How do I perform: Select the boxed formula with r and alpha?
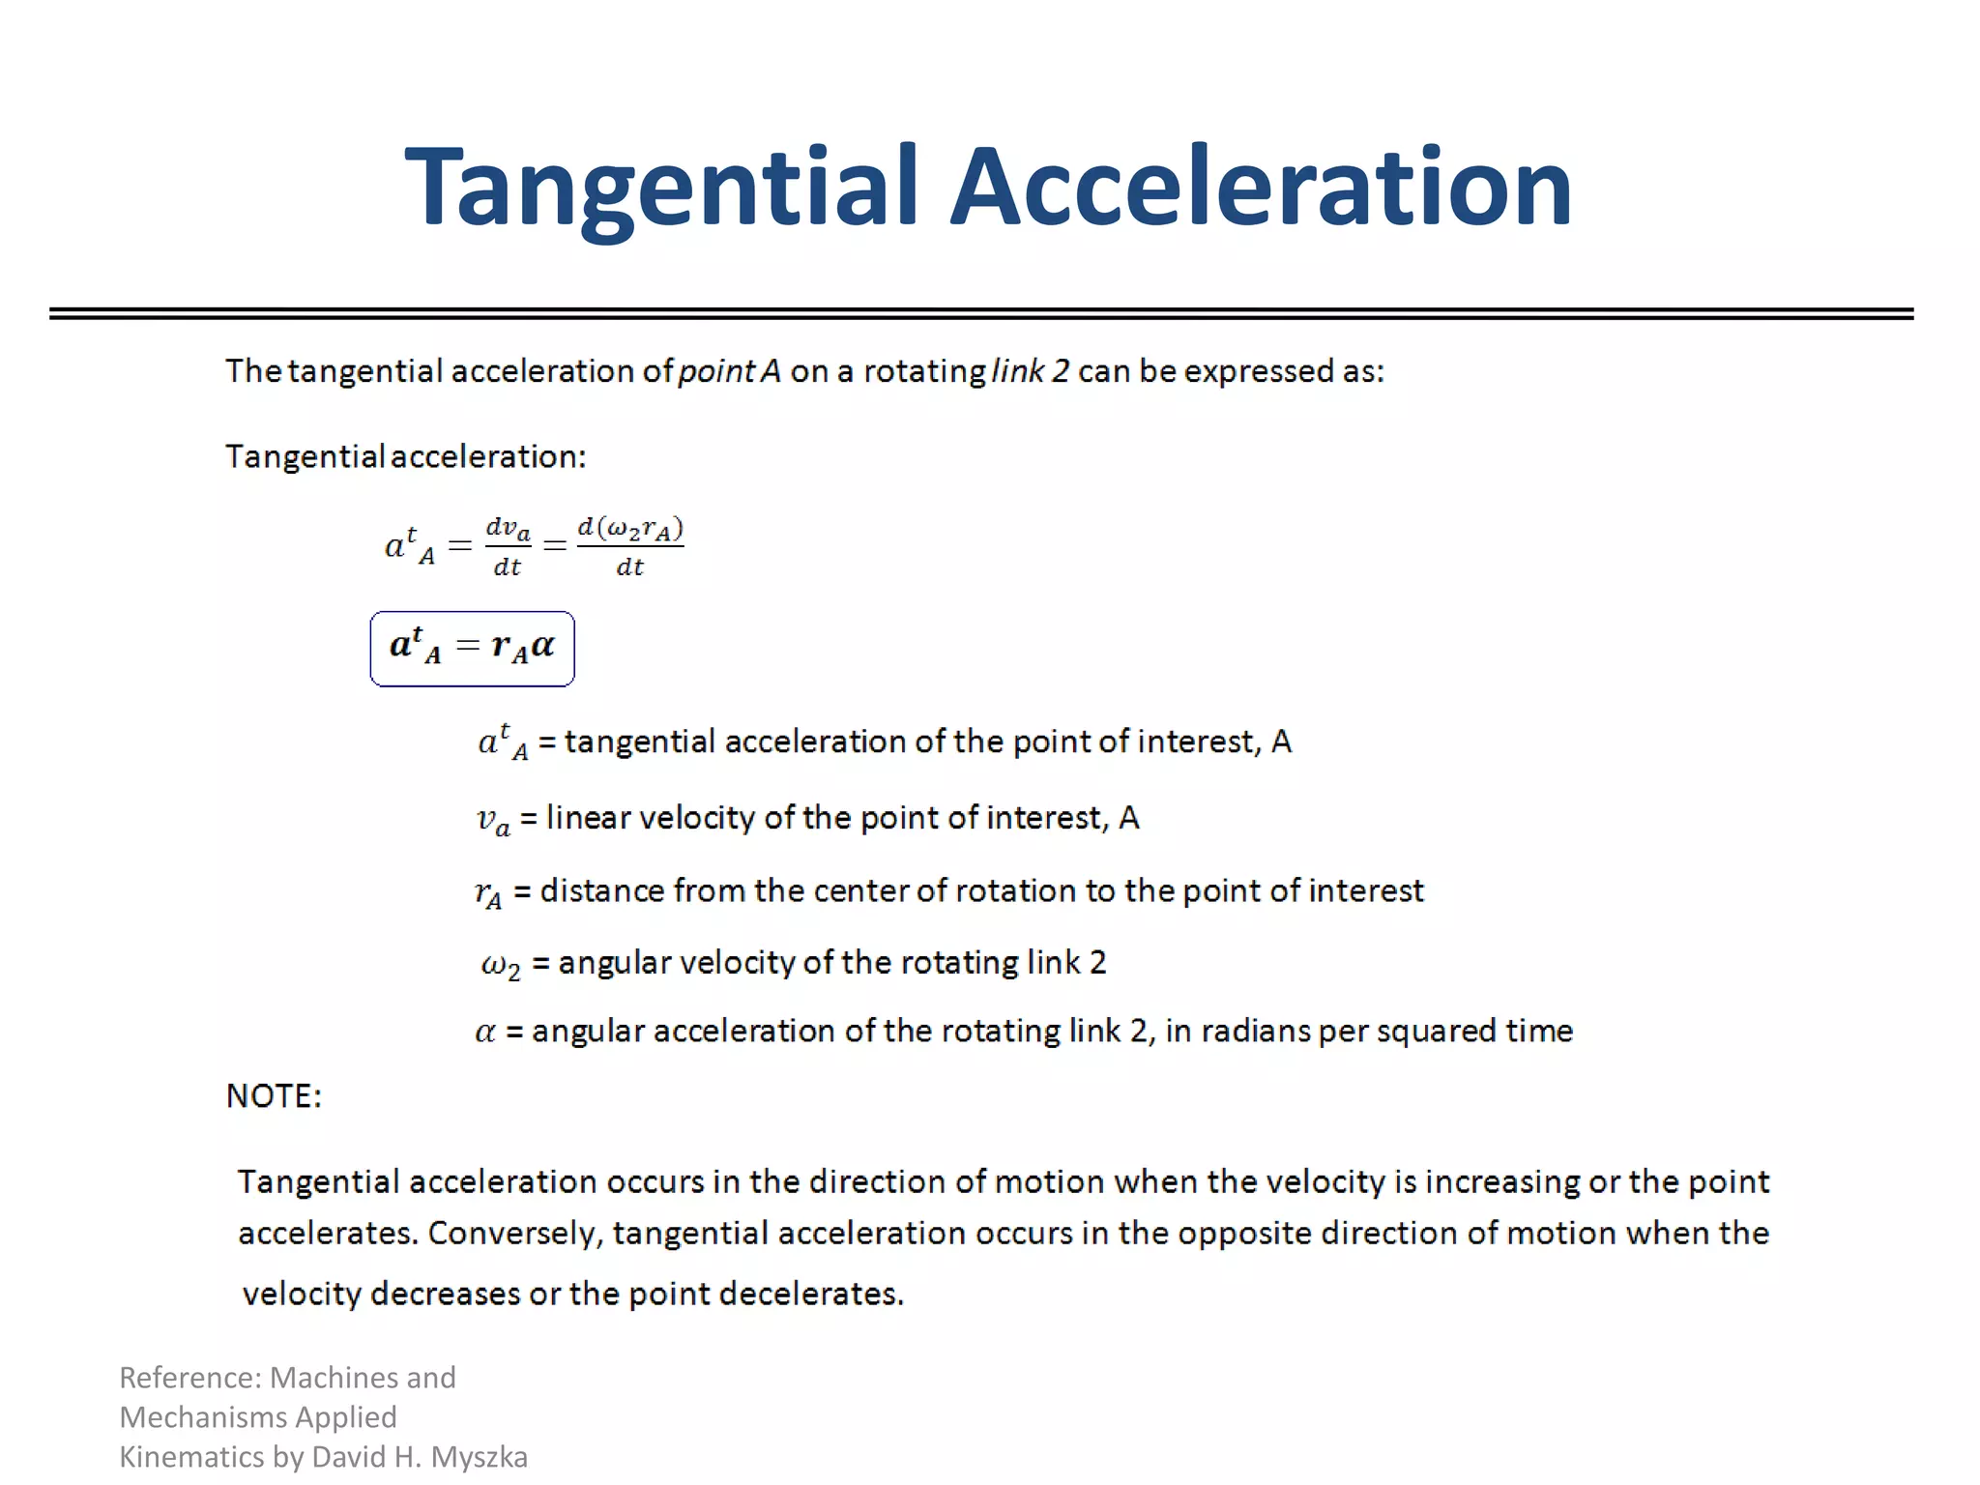[472, 648]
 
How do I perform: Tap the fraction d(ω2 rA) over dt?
[630, 547]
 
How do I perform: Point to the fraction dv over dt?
[508, 547]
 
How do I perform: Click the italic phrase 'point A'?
[729, 371]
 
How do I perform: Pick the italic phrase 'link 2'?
[1031, 371]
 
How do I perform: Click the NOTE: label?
[274, 1095]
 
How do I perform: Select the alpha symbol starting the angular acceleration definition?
[485, 1032]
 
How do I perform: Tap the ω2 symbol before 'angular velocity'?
[501, 964]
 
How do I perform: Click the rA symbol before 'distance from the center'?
[488, 892]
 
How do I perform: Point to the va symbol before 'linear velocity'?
[493, 820]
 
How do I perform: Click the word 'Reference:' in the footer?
[189, 1377]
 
